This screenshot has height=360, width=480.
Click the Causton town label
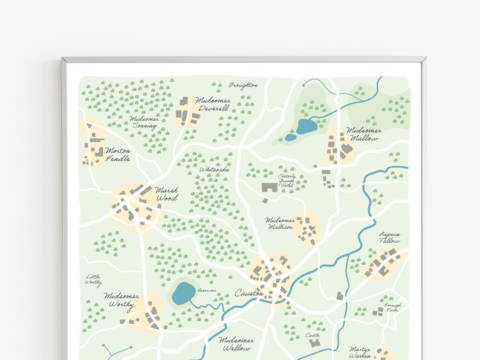pos(249,294)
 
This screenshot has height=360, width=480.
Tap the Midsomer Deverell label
pos(213,104)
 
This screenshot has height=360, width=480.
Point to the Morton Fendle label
pos(118,155)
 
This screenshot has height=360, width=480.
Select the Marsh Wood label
pos(166,193)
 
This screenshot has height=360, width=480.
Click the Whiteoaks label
pos(215,170)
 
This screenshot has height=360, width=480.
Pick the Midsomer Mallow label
pos(363,133)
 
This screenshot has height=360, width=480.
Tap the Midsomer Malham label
pos(280,223)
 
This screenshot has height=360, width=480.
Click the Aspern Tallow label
pos(389,237)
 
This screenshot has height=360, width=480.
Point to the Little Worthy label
pos(93,280)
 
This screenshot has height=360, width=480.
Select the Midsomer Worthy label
pos(122,300)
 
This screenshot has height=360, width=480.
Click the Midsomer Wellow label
pos(236,344)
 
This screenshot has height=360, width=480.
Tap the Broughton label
pos(243,85)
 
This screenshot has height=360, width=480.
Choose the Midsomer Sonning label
pos(144,123)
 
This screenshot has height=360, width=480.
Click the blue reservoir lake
pos(183,294)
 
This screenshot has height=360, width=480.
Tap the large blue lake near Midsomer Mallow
pos(306,126)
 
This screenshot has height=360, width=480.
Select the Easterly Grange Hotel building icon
pos(270,188)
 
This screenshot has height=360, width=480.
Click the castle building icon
pos(314,343)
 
